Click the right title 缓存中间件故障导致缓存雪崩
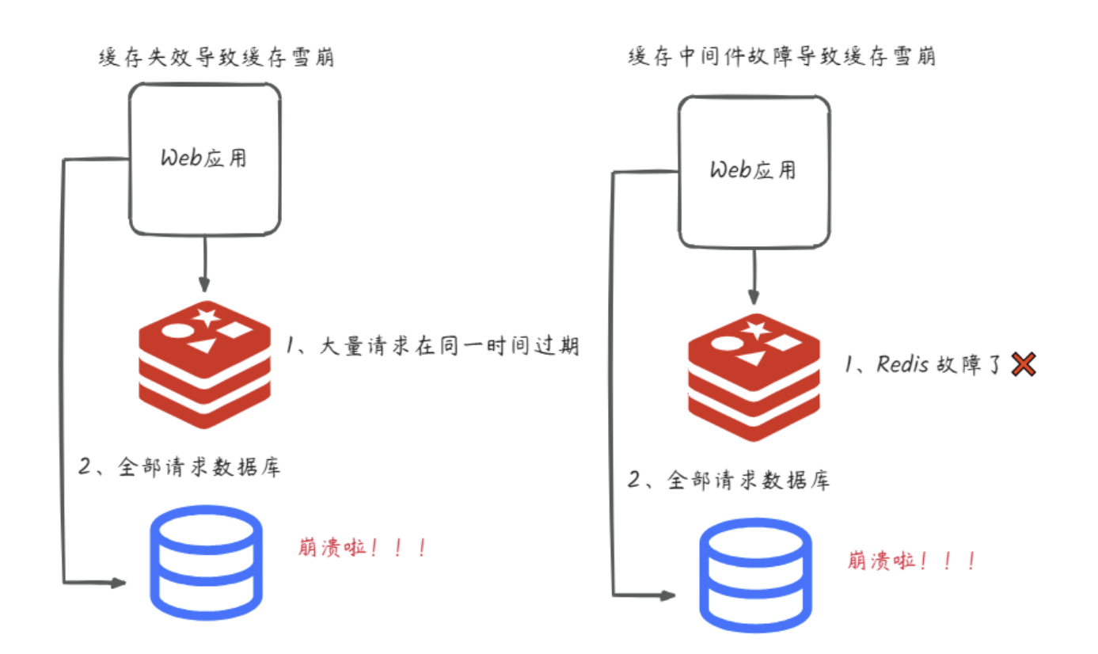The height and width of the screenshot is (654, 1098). click(781, 57)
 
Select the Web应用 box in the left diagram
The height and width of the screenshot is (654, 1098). click(204, 159)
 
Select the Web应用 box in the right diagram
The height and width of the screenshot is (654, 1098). click(754, 172)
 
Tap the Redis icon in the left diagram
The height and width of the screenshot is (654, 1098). click(205, 363)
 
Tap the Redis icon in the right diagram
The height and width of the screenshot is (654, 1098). click(754, 377)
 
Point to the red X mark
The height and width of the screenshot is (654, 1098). click(1023, 365)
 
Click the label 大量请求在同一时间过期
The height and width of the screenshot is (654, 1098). click(432, 347)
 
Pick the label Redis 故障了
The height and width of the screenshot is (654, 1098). click(923, 365)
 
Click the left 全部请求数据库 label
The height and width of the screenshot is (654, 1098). click(179, 466)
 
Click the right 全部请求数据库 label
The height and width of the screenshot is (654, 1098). click(728, 480)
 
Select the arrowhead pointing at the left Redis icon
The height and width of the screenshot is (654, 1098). click(205, 286)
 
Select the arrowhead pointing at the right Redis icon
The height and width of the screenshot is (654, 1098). click(754, 298)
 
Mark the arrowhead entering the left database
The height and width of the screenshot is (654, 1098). click(119, 584)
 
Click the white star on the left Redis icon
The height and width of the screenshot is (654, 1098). click(207, 317)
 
